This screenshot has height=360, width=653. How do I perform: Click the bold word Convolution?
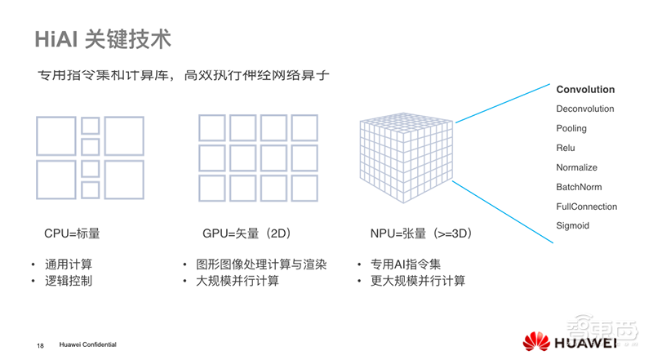click(x=585, y=90)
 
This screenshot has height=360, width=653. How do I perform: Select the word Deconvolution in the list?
click(x=585, y=109)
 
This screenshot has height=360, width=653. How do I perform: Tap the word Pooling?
click(x=571, y=129)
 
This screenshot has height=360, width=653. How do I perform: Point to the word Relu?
click(x=566, y=148)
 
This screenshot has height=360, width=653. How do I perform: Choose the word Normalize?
click(x=576, y=167)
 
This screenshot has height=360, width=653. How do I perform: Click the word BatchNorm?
click(x=579, y=187)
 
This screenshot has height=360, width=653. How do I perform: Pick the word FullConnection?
click(x=586, y=207)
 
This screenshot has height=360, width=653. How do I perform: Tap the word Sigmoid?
click(x=572, y=225)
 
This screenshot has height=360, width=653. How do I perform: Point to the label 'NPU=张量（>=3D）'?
click(x=421, y=233)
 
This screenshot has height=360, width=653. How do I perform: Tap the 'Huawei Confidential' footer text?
click(x=87, y=345)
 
